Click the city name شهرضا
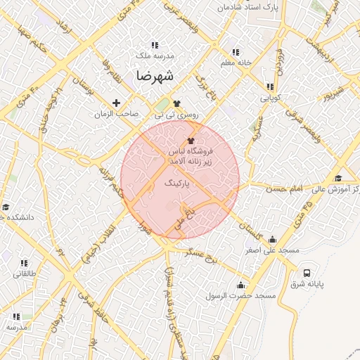tap(156, 75)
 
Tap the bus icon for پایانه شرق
tap(307, 273)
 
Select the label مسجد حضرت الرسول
tap(240, 296)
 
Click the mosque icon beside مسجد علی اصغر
tap(272, 239)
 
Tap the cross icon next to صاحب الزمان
tap(116, 103)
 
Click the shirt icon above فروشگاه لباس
tap(191, 141)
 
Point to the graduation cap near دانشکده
tap(6, 207)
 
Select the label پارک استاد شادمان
tap(247, 6)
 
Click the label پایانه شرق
tap(306, 284)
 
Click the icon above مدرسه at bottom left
tap(16, 317)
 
